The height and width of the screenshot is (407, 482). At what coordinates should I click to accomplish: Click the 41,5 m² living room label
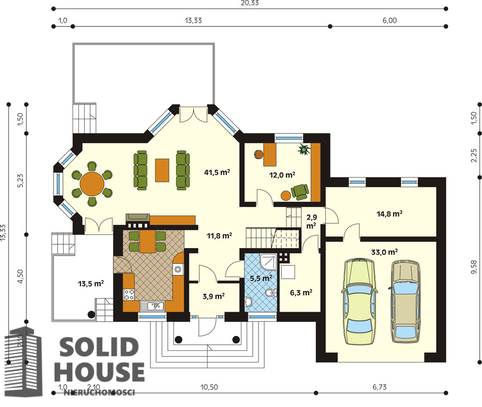click(217, 172)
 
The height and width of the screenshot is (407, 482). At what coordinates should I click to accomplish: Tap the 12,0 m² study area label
click(282, 175)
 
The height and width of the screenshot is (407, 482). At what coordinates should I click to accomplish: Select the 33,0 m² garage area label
click(385, 252)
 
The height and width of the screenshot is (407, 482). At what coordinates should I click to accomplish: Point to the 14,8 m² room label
click(389, 214)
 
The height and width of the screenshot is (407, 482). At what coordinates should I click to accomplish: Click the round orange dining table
click(92, 184)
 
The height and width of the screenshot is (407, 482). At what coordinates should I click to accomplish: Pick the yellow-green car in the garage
click(360, 301)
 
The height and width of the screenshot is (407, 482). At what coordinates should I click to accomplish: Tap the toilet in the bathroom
click(270, 293)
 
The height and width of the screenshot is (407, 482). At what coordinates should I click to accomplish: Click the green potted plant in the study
click(305, 149)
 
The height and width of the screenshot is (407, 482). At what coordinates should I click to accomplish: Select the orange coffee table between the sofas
click(162, 170)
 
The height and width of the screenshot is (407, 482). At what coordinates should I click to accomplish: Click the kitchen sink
click(152, 306)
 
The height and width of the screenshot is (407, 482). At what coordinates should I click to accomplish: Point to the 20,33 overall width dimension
click(249, 3)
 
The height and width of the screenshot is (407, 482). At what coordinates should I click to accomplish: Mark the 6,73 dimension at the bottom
click(379, 387)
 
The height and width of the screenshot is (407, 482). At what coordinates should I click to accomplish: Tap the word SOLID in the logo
click(99, 347)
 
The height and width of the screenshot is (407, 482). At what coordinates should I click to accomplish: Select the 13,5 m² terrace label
click(91, 284)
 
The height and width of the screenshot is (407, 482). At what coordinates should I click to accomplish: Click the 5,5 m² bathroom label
click(261, 279)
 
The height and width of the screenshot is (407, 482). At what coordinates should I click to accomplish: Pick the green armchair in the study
click(300, 192)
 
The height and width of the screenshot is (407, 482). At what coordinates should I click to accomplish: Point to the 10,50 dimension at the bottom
click(209, 387)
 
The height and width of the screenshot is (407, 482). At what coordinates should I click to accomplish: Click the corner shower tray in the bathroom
click(268, 261)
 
